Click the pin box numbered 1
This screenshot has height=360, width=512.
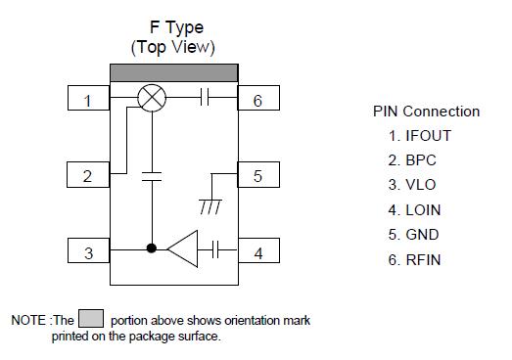88,99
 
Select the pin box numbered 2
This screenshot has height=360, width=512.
88,176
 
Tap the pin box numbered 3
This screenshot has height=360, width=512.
88,252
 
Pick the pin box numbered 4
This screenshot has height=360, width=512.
258,252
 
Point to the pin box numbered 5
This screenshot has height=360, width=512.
258,176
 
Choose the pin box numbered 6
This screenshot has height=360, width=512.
258,99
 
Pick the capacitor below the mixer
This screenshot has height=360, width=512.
152,176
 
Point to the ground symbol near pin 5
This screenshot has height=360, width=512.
209,206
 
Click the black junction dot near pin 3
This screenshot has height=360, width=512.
152,249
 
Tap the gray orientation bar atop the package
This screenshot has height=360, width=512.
173,73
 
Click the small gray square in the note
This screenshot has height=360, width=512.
90,319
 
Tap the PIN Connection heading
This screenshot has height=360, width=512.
426,112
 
